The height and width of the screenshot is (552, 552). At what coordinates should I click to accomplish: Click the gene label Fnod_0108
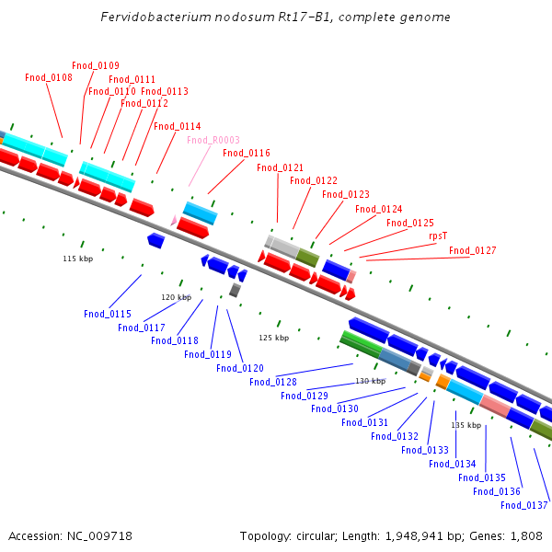coord(49,77)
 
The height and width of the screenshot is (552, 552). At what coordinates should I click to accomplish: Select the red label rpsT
coord(438,236)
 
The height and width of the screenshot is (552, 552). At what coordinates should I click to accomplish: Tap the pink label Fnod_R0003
coord(213,140)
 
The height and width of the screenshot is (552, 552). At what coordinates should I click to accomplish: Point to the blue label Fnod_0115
coord(108,314)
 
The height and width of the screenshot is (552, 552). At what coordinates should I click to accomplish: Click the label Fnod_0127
coord(473,250)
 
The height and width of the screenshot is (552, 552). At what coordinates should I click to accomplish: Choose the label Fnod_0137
coord(524,504)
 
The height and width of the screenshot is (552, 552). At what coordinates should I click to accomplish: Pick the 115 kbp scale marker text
coord(78,259)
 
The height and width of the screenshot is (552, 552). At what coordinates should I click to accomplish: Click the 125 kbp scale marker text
coord(274,338)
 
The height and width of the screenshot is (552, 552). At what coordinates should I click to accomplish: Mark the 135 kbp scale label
coord(466,425)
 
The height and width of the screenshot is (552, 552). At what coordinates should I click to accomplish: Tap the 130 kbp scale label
coord(371,381)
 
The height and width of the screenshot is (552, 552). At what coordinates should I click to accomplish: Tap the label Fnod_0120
coord(240,368)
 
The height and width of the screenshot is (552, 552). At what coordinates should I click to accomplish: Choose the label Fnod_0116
coord(247,153)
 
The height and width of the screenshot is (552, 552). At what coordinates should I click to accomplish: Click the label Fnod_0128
coord(273,382)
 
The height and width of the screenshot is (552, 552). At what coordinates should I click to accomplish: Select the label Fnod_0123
coord(346,194)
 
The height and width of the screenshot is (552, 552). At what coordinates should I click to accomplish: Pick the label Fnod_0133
coord(425,450)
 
